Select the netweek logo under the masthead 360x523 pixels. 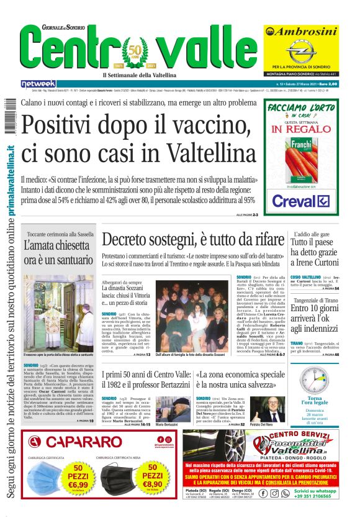point(38,84)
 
